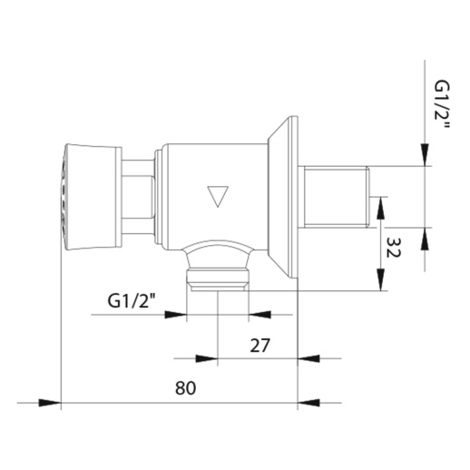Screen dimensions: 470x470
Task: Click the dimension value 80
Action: [185, 387]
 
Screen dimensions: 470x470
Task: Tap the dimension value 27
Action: [259, 346]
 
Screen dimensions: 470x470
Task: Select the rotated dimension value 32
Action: [394, 247]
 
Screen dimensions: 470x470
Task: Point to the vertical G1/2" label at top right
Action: [442, 104]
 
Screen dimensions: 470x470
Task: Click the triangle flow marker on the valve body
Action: [218, 196]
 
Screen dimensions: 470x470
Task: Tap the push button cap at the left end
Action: [91, 198]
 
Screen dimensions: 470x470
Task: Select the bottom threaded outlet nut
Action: [218, 279]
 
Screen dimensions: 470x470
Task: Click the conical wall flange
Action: [283, 197]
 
